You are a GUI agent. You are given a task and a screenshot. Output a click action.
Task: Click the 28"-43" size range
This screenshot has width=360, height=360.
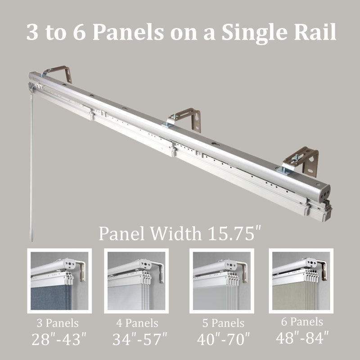click(58, 338)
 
